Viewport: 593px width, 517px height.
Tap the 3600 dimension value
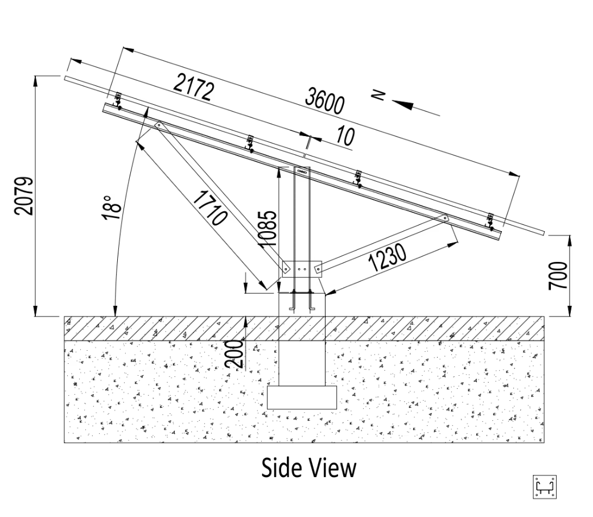pos(325,100)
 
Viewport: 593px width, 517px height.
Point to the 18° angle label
pos(111,207)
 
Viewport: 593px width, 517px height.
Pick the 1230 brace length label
pos(387,257)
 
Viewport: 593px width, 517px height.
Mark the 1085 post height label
pos(268,228)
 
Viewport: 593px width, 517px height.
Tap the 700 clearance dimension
pos(558,276)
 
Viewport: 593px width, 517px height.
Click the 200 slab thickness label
pos(234,354)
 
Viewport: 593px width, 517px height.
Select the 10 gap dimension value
pos(345,136)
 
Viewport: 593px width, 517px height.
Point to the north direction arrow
pos(416,108)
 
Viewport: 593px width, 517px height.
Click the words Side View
pos(308,468)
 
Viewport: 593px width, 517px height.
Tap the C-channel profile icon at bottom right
pos(545,487)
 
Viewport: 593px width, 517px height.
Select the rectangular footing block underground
pos(302,397)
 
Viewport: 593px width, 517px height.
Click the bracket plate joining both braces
pos(302,269)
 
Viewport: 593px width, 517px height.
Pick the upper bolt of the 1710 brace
pos(159,125)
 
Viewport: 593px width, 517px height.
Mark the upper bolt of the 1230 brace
pos(445,218)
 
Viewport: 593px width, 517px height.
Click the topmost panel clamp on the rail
pos(118,101)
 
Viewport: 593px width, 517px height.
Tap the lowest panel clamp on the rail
pos(491,222)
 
